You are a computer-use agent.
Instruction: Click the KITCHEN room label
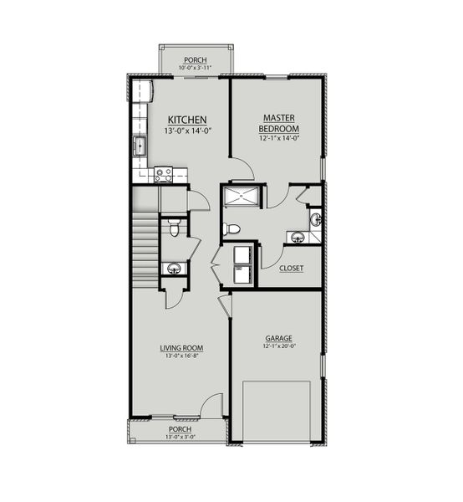tap(187, 120)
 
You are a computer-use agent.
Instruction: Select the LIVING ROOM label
tap(182, 347)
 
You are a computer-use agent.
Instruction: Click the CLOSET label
tap(291, 269)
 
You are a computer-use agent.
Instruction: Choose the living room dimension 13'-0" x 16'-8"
tap(182, 356)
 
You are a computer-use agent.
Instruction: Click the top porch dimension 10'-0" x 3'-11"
tap(197, 67)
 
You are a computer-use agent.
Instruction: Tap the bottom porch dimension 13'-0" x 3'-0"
tap(180, 437)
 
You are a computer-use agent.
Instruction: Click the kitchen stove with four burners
tap(163, 174)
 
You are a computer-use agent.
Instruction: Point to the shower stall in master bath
tap(242, 197)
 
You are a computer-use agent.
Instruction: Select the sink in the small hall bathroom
tap(173, 269)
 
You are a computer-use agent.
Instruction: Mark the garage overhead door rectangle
tap(277, 410)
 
